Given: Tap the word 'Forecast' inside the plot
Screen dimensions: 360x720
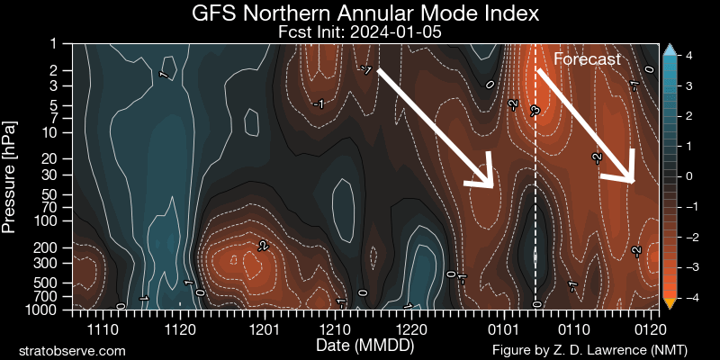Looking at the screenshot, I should pyautogui.click(x=587, y=59).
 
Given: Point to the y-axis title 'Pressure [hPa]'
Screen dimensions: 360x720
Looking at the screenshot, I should pyautogui.click(x=11, y=175).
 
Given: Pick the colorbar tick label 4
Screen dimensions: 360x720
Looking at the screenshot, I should pyautogui.click(x=688, y=56).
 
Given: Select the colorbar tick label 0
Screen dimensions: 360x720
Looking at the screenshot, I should pyautogui.click(x=688, y=176).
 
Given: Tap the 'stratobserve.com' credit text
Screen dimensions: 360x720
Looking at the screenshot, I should pyautogui.click(x=72, y=349).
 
